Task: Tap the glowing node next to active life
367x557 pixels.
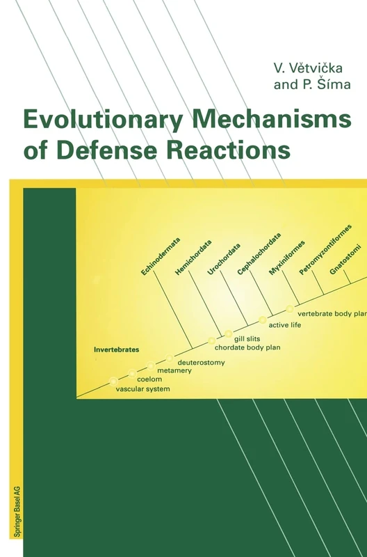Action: [x=263, y=320]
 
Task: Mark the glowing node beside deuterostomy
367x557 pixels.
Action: [x=170, y=358]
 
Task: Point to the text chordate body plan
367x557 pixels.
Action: [x=247, y=347]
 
